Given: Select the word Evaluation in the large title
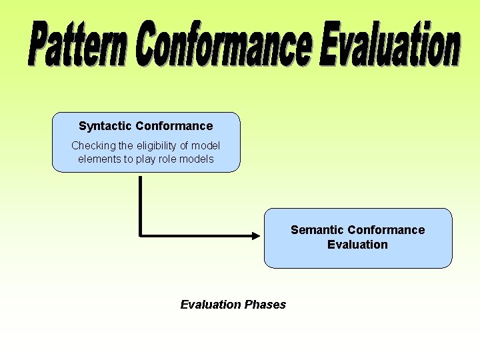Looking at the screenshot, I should pyautogui.click(x=389, y=45).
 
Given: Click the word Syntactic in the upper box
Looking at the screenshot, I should pyautogui.click(x=105, y=126).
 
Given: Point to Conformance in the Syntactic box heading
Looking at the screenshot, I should pyautogui.click(x=174, y=126).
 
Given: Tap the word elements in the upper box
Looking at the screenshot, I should pyautogui.click(x=98, y=159).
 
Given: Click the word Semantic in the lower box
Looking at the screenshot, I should pyautogui.click(x=317, y=230).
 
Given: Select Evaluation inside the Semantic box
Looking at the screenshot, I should pyautogui.click(x=357, y=245).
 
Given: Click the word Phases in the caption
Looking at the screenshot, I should pyautogui.click(x=265, y=305).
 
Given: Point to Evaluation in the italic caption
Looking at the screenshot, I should pyautogui.click(x=211, y=305).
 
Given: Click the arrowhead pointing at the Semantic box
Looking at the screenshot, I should pyautogui.click(x=257, y=235).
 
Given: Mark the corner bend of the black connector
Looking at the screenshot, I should pyautogui.click(x=141, y=235).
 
